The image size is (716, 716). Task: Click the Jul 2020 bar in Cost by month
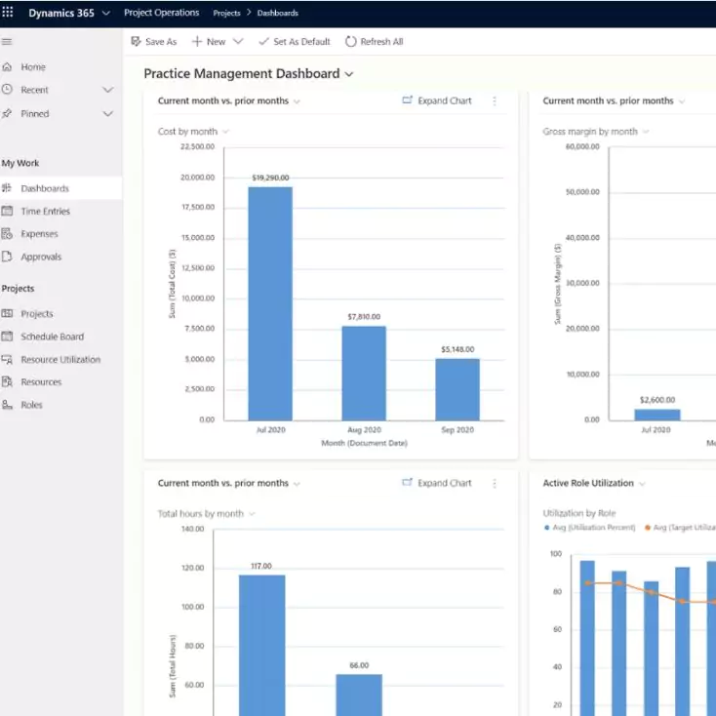(x=270, y=303)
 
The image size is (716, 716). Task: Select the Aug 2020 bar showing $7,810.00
(x=364, y=373)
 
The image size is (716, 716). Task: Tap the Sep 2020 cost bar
(x=457, y=389)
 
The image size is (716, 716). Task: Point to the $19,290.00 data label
(x=270, y=178)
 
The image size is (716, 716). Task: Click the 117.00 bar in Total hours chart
(x=262, y=645)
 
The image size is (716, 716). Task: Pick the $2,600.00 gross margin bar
(x=657, y=415)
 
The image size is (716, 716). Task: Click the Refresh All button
(x=375, y=42)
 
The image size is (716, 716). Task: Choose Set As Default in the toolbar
(x=294, y=42)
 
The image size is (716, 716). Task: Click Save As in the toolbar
(x=154, y=42)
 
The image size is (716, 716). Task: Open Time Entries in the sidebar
(x=45, y=211)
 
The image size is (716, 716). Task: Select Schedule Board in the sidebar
(x=52, y=337)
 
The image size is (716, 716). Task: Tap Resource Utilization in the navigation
(x=60, y=359)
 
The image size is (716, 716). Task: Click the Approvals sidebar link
(x=41, y=257)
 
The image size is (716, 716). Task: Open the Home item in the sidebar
(x=33, y=67)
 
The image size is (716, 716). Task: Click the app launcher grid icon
(x=8, y=12)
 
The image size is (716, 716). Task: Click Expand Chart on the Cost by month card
(x=437, y=100)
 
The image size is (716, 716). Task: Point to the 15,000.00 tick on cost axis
(x=198, y=237)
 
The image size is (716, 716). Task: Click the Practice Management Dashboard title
(x=242, y=73)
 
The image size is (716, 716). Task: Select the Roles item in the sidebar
(x=31, y=405)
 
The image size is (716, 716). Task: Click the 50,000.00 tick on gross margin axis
(x=582, y=192)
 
